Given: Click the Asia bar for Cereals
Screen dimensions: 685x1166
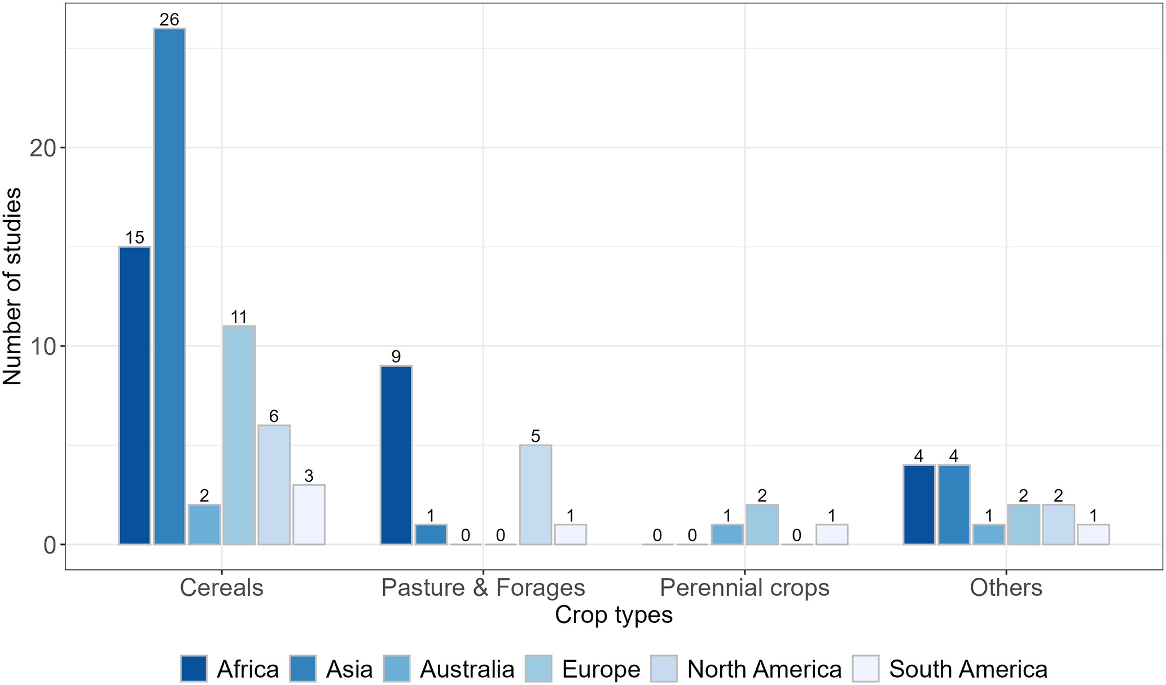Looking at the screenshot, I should [169, 286].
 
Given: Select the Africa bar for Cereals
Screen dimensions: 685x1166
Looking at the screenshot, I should [134, 395].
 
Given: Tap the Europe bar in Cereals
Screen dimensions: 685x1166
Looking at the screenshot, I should [239, 434].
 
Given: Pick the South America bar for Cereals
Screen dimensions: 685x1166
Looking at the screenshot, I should [309, 514].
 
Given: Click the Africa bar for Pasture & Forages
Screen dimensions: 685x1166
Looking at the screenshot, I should [396, 455].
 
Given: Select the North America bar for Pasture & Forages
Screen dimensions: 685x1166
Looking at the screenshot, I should [536, 494].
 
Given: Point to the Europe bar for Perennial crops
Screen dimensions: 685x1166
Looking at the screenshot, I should [762, 524].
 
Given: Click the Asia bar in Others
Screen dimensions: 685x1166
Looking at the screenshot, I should [954, 504].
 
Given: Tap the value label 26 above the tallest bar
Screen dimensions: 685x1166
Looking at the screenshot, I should [169, 20].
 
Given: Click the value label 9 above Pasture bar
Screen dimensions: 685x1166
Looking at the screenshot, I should [396, 357].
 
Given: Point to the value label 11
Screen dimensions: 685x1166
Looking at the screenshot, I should [239, 317].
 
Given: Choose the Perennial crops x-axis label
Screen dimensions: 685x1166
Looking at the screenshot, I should [744, 588].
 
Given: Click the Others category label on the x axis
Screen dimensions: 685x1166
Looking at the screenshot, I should [1006, 588].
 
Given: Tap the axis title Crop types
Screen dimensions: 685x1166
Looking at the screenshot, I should [613, 615].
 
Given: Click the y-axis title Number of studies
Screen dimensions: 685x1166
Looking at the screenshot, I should [12, 287].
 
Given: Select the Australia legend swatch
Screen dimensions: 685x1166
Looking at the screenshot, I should [396, 669].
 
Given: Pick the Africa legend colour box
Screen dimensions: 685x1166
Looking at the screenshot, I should [194, 669].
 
